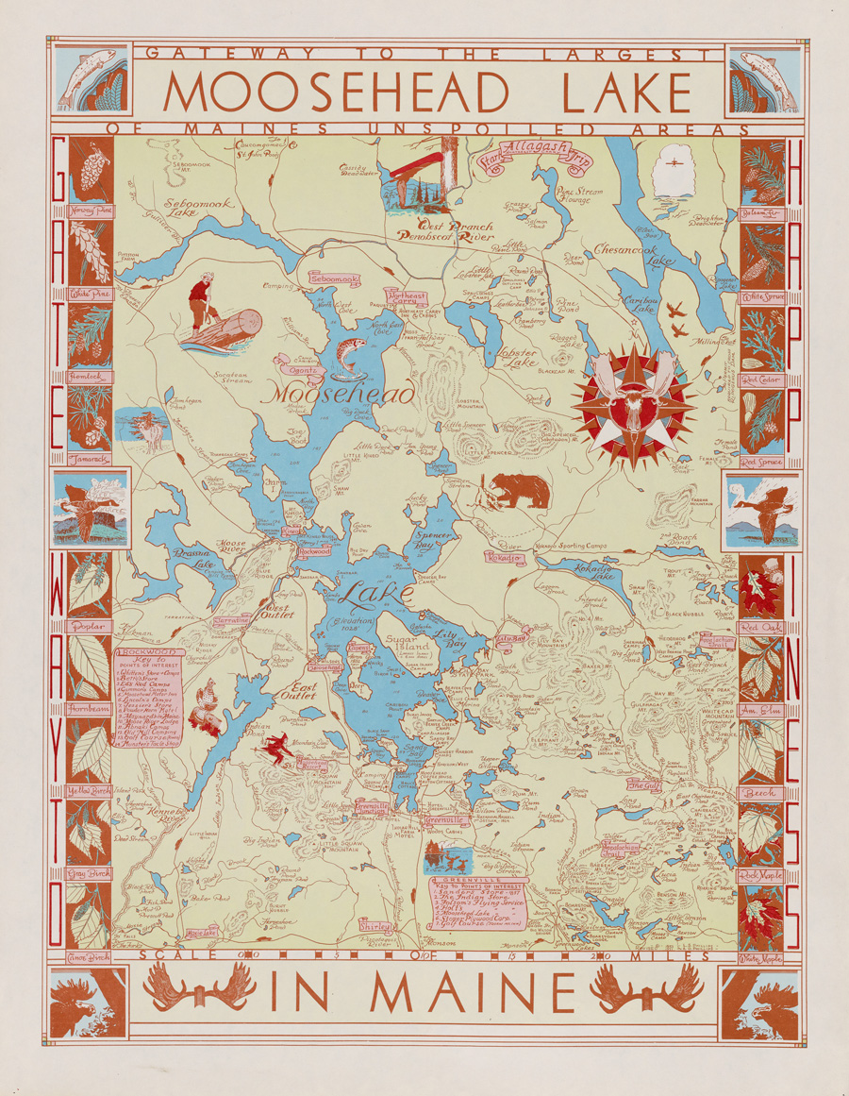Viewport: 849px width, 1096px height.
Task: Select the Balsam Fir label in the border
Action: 762,211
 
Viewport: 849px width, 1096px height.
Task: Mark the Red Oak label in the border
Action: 761,627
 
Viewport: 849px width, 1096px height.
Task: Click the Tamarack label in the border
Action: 91,459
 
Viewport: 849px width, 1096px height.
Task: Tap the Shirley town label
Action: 375,926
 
